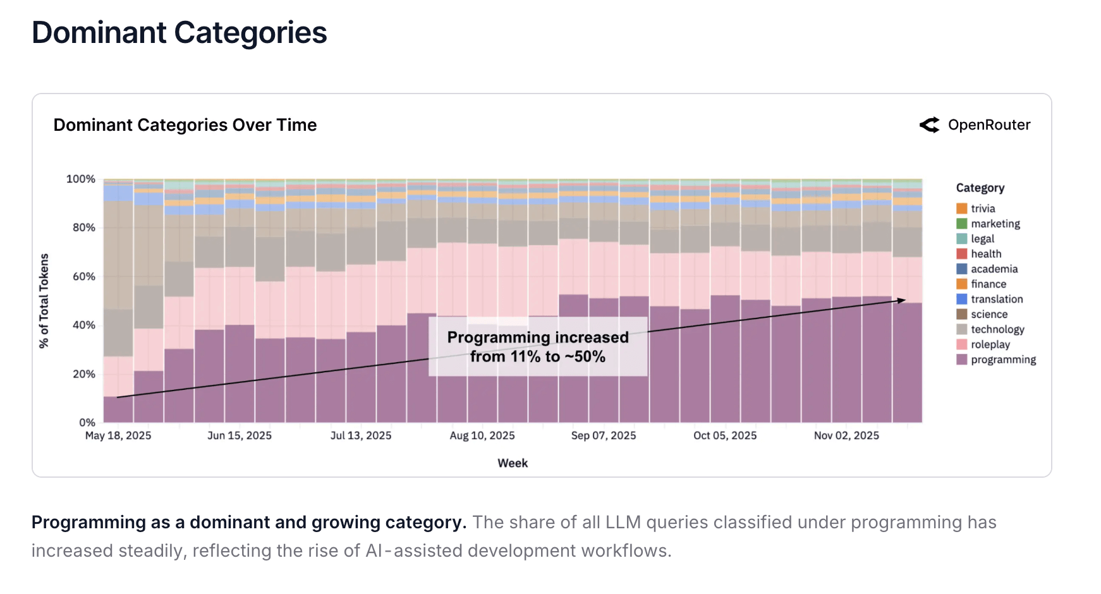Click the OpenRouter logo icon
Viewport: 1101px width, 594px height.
click(x=929, y=125)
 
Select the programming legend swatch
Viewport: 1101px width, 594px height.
click(x=961, y=360)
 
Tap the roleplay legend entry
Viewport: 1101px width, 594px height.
click(x=990, y=344)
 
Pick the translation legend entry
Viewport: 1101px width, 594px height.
click(x=996, y=299)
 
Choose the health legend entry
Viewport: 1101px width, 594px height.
click(x=985, y=253)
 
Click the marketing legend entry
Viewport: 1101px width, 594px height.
click(x=995, y=224)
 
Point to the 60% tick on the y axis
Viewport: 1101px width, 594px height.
click(x=84, y=276)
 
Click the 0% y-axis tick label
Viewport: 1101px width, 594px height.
click(x=87, y=422)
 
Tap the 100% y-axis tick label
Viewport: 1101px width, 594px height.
click(x=81, y=179)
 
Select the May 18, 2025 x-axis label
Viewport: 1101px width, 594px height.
click(x=118, y=435)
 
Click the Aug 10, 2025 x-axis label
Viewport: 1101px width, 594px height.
click(x=482, y=435)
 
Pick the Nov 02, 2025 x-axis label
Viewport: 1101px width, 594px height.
click(x=846, y=435)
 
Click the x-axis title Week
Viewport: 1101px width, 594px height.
click(x=513, y=463)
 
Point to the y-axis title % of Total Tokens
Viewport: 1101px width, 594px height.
click(x=44, y=301)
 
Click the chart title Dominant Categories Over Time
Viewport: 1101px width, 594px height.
click(x=185, y=125)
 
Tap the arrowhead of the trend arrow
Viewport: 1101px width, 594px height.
click(x=902, y=301)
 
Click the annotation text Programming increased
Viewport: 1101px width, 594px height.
click(x=538, y=337)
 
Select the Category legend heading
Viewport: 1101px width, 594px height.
click(x=980, y=188)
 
